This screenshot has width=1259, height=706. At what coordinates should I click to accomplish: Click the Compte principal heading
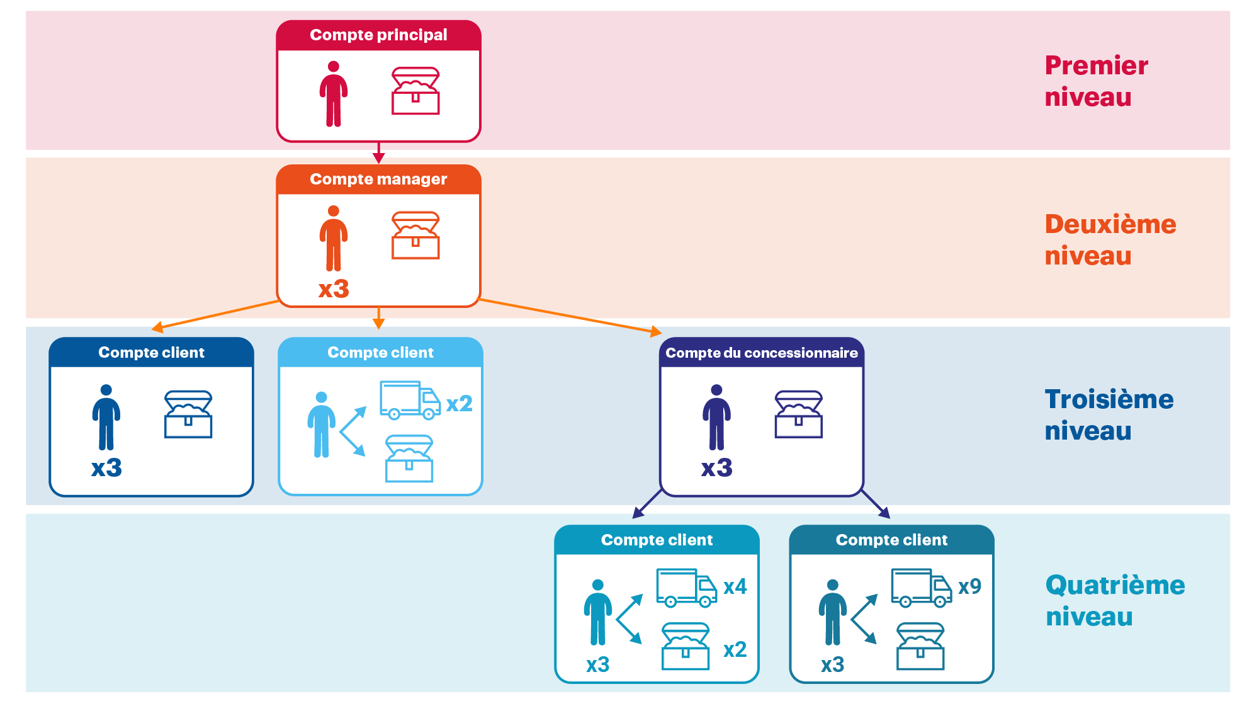coord(378,35)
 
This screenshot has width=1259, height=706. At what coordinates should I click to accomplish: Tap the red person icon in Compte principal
coord(334,94)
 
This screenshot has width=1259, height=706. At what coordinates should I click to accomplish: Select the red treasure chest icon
coord(415,91)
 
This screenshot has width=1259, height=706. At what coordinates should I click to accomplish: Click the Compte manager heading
coord(378,179)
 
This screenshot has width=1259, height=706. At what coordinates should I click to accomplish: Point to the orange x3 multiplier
coord(334,289)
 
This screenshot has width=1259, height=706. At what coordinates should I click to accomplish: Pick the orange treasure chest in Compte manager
coord(415,236)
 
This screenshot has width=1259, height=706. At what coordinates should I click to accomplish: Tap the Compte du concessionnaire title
coord(761,353)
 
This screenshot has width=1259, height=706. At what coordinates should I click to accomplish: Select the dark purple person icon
coord(716,417)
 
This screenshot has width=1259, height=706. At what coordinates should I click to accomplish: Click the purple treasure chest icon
coord(798,414)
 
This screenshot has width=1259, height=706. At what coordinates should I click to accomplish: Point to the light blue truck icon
coord(410,400)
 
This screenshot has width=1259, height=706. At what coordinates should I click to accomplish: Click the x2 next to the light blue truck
coord(459,404)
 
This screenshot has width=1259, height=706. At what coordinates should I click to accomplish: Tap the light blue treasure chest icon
coord(409,458)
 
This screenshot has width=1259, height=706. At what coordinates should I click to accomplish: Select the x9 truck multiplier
coord(969,586)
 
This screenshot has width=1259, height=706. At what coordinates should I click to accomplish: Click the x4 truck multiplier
coord(735,586)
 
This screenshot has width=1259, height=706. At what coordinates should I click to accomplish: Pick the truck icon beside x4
coord(686,588)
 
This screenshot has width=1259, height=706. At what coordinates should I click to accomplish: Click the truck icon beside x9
coord(921,588)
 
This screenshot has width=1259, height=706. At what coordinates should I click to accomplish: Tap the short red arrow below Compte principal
coord(378,156)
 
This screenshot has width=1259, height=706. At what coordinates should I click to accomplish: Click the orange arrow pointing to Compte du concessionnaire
coord(567,315)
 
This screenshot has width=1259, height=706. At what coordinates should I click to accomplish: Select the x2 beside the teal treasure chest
coord(735,649)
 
